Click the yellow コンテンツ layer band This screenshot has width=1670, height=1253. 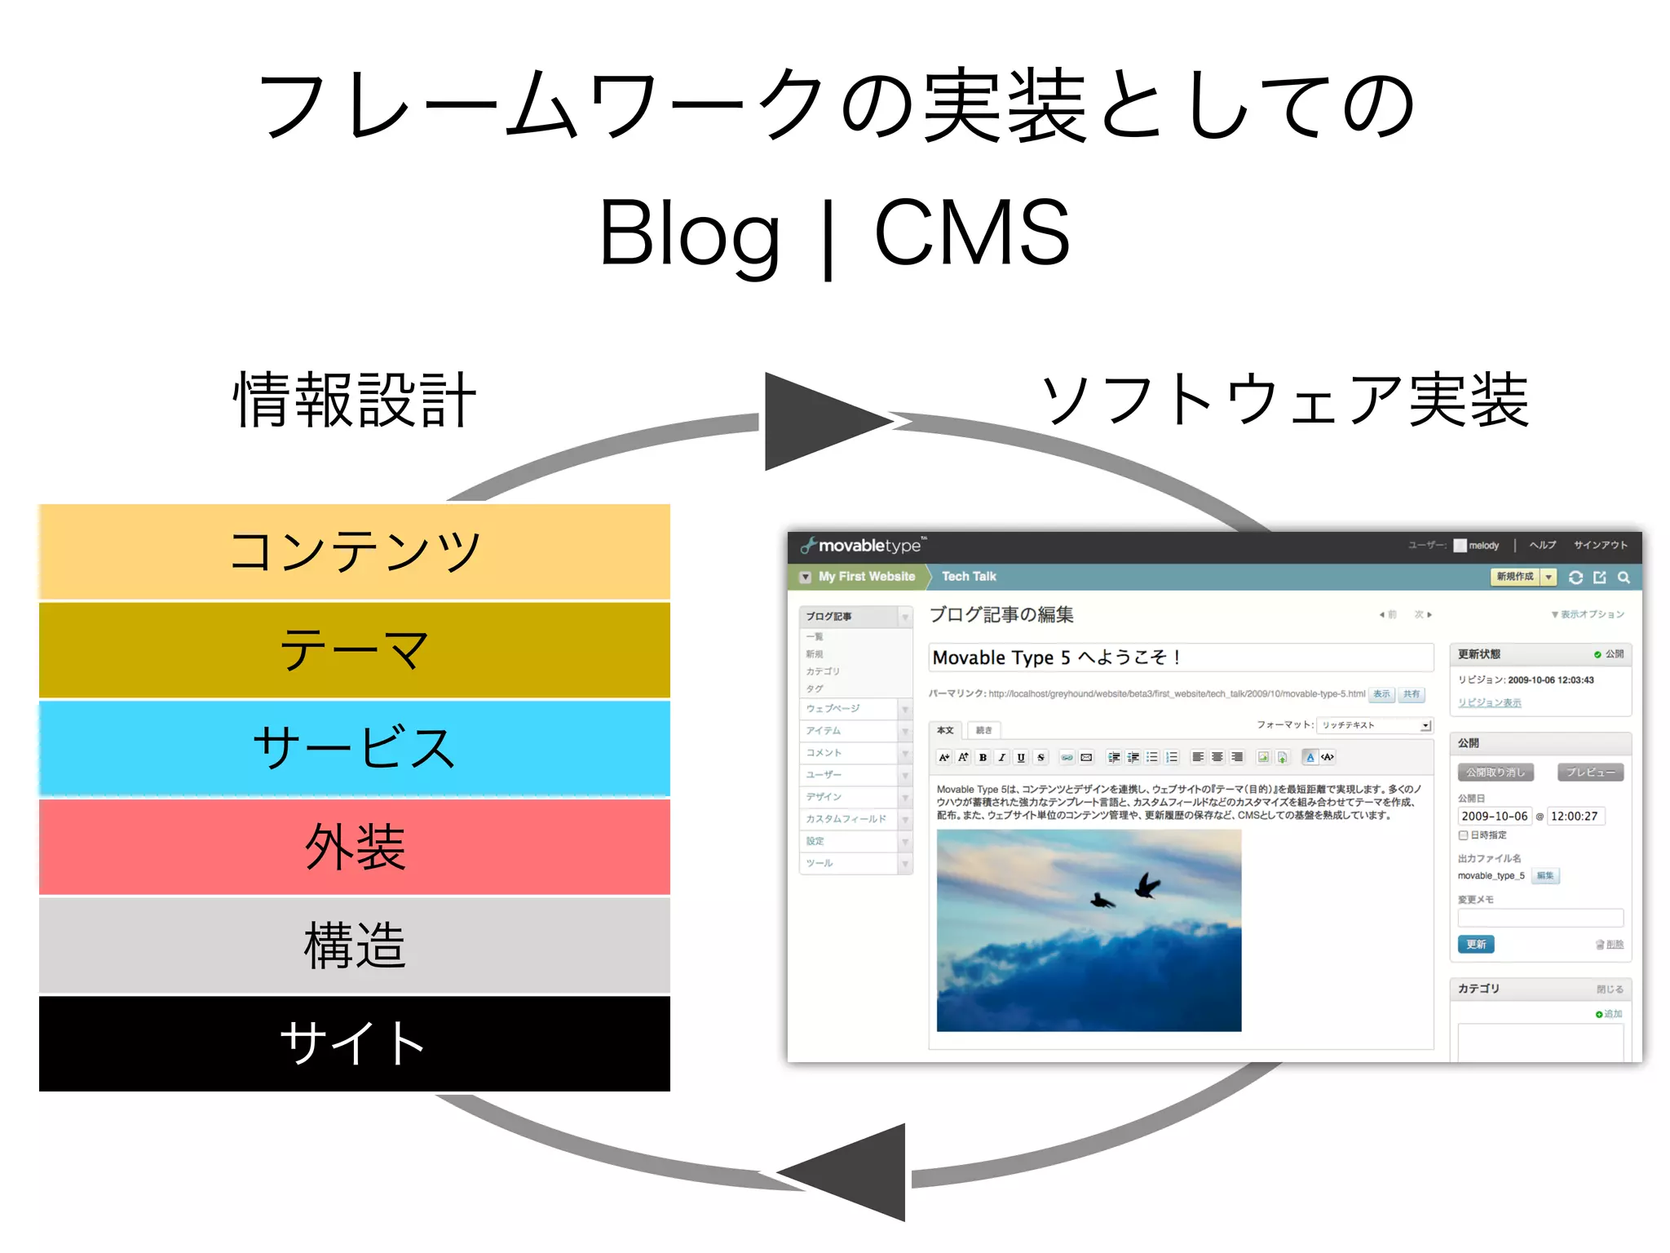355,551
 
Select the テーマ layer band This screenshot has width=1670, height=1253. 355,650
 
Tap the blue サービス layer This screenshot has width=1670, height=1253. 355,748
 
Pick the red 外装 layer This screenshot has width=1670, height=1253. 355,847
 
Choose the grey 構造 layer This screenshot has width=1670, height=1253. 355,945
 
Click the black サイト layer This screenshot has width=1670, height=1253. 355,1043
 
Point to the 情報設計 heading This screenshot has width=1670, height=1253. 355,400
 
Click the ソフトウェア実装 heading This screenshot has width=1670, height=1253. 1284,400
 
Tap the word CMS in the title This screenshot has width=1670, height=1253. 972,234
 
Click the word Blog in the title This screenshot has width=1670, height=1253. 690,234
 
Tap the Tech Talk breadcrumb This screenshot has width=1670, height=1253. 969,577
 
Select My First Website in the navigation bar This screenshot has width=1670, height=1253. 866,577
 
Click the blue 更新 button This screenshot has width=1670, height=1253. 1476,945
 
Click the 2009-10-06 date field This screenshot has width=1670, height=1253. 1494,816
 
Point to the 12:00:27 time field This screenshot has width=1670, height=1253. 1575,816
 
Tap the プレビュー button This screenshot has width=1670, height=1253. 1590,772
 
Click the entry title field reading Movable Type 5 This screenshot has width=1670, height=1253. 1180,657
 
